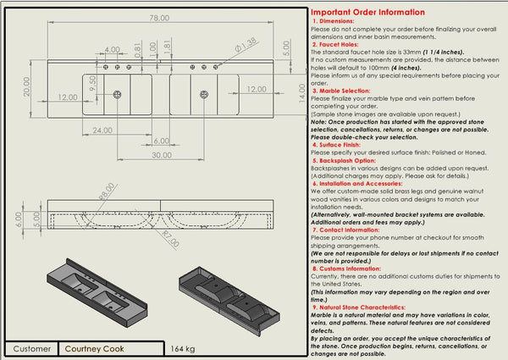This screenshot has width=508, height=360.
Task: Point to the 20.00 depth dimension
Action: click(27, 87)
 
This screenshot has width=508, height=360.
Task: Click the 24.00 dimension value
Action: click(103, 130)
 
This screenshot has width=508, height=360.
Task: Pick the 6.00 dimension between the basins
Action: click(162, 141)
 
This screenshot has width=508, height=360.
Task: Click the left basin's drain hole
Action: click(117, 93)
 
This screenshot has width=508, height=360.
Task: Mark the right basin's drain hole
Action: click(204, 93)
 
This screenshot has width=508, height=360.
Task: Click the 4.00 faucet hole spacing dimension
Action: click(112, 50)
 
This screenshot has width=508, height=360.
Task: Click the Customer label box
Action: click(32, 348)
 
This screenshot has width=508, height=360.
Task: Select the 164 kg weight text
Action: click(182, 348)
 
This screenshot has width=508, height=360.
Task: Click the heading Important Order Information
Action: click(368, 12)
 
